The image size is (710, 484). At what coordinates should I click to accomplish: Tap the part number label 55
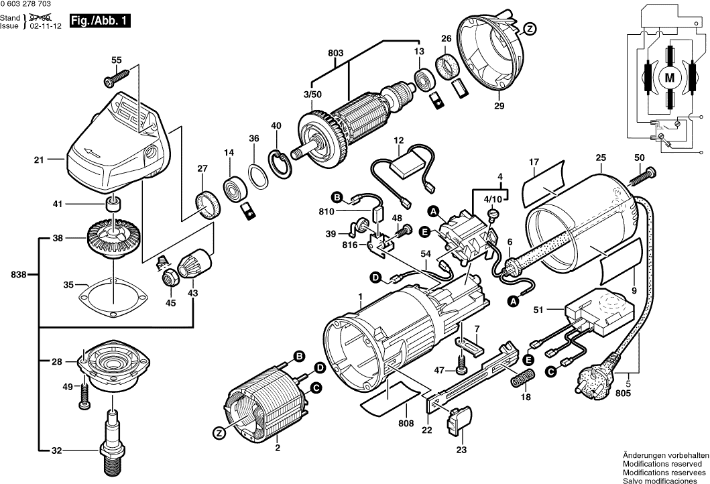click(117, 61)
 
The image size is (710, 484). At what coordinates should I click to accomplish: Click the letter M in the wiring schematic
click(669, 78)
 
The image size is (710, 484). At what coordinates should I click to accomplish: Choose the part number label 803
click(335, 53)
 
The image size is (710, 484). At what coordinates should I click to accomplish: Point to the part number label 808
click(407, 423)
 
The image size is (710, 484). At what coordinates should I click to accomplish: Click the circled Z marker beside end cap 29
click(530, 29)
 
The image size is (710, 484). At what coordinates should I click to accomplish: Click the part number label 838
click(20, 275)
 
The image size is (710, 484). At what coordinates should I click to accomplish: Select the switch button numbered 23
click(460, 422)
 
